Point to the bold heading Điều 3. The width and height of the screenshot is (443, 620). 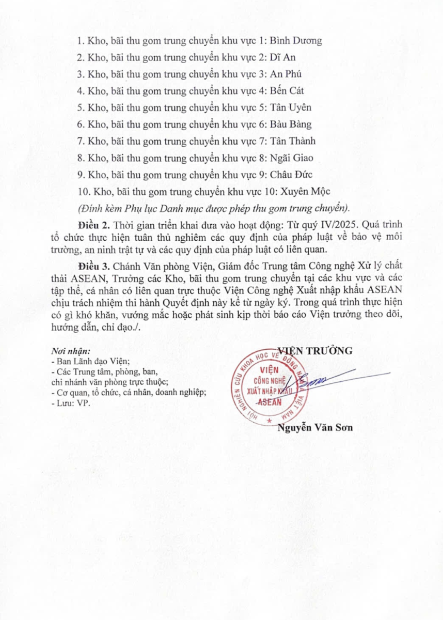[95, 266]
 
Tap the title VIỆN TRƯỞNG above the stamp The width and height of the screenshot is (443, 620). [315, 351]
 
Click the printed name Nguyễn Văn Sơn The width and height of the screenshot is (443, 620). [315, 428]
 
